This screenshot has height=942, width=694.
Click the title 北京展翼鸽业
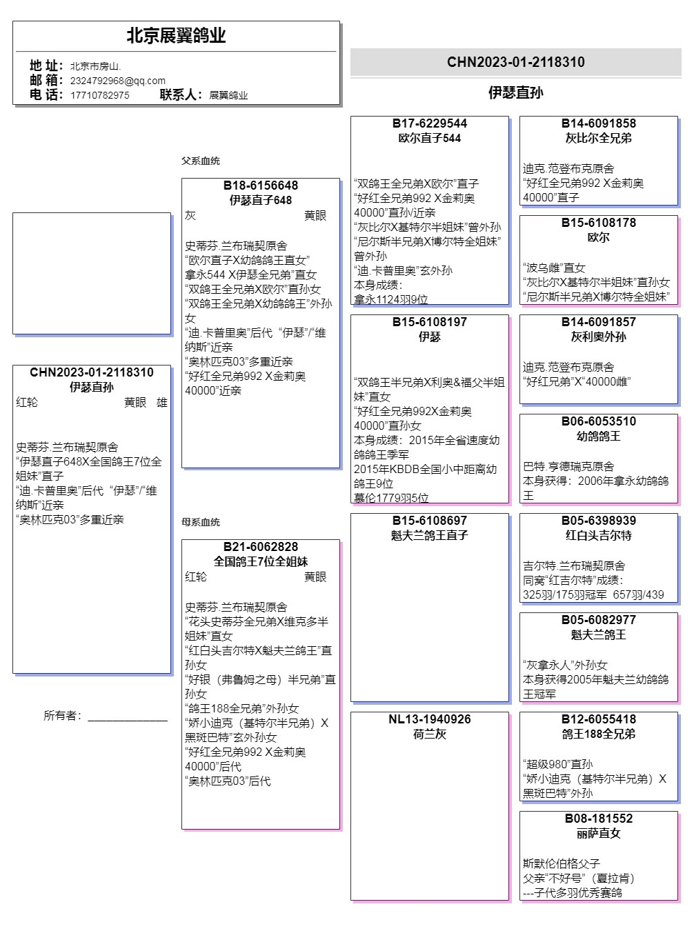[176, 36]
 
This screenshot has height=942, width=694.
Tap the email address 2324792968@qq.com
[117, 81]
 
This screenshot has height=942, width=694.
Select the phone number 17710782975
[99, 95]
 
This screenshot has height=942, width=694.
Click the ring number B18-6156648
[261, 186]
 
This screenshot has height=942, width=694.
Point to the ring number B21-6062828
[261, 547]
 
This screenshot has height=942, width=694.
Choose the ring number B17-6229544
[429, 123]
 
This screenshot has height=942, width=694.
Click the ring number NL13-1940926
[429, 719]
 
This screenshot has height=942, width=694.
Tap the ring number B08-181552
[598, 819]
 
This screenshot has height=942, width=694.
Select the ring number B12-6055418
[598, 719]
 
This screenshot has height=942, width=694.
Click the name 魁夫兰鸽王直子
[429, 535]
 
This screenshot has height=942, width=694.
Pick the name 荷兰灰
[429, 734]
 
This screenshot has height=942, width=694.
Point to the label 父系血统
[201, 161]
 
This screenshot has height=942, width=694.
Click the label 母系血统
[201, 522]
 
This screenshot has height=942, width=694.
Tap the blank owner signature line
[128, 719]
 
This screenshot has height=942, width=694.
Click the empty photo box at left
[92, 273]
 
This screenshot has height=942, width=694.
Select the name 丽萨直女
[598, 833]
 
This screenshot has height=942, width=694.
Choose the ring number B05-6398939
[598, 521]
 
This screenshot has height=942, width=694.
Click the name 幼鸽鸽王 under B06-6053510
[598, 436]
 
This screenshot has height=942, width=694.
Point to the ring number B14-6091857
[598, 322]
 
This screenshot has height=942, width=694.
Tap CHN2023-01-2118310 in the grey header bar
[515, 62]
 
